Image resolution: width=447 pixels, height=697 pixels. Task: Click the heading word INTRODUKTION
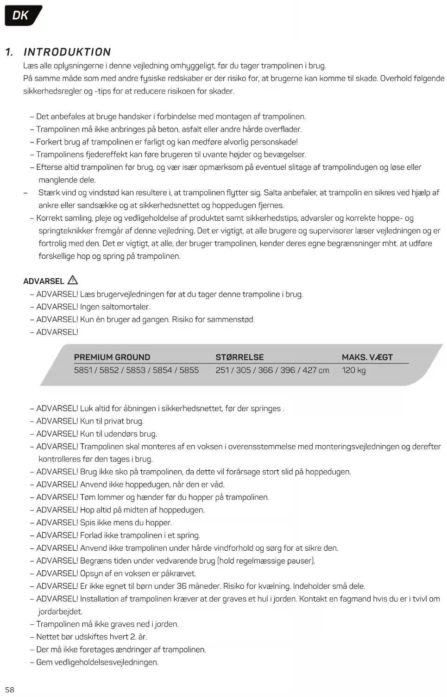click(x=67, y=52)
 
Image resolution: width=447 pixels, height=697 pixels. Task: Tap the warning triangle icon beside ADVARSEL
click(x=73, y=280)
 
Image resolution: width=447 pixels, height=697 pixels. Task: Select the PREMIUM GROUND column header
click(x=112, y=357)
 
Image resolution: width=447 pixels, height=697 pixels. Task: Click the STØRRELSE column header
click(x=239, y=357)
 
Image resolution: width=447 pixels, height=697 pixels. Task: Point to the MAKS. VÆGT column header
click(x=367, y=357)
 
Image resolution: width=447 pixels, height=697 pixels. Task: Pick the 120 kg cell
click(x=354, y=370)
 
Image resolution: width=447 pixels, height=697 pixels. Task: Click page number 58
click(x=10, y=690)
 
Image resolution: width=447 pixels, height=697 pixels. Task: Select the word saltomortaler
click(x=126, y=307)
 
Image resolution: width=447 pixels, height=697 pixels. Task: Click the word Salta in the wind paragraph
click(x=273, y=193)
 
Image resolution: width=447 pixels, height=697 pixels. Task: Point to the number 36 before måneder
click(x=182, y=586)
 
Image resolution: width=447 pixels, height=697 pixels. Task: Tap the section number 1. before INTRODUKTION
click(x=9, y=52)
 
